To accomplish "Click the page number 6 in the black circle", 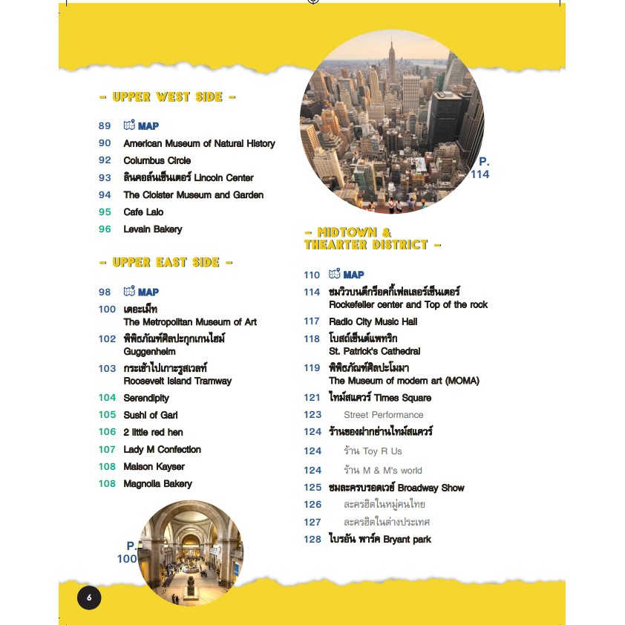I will (x=88, y=598).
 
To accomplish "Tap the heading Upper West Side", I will (x=167, y=96).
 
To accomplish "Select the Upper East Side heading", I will (x=167, y=262).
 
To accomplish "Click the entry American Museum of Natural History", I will (x=199, y=143).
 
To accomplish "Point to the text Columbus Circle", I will (x=157, y=160).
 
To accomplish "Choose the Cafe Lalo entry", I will (x=143, y=212).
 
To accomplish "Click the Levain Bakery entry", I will (x=152, y=229).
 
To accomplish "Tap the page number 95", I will (x=105, y=212).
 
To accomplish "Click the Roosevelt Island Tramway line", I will (x=177, y=381).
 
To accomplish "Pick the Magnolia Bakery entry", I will (x=157, y=483).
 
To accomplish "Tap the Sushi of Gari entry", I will (x=151, y=415).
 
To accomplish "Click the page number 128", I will (x=312, y=539).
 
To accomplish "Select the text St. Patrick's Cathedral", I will (x=374, y=351).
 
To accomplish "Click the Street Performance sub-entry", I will (x=383, y=415).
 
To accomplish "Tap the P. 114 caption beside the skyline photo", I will (x=480, y=168).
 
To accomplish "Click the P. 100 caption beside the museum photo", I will (x=127, y=552).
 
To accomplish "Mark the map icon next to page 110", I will (x=334, y=275).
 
